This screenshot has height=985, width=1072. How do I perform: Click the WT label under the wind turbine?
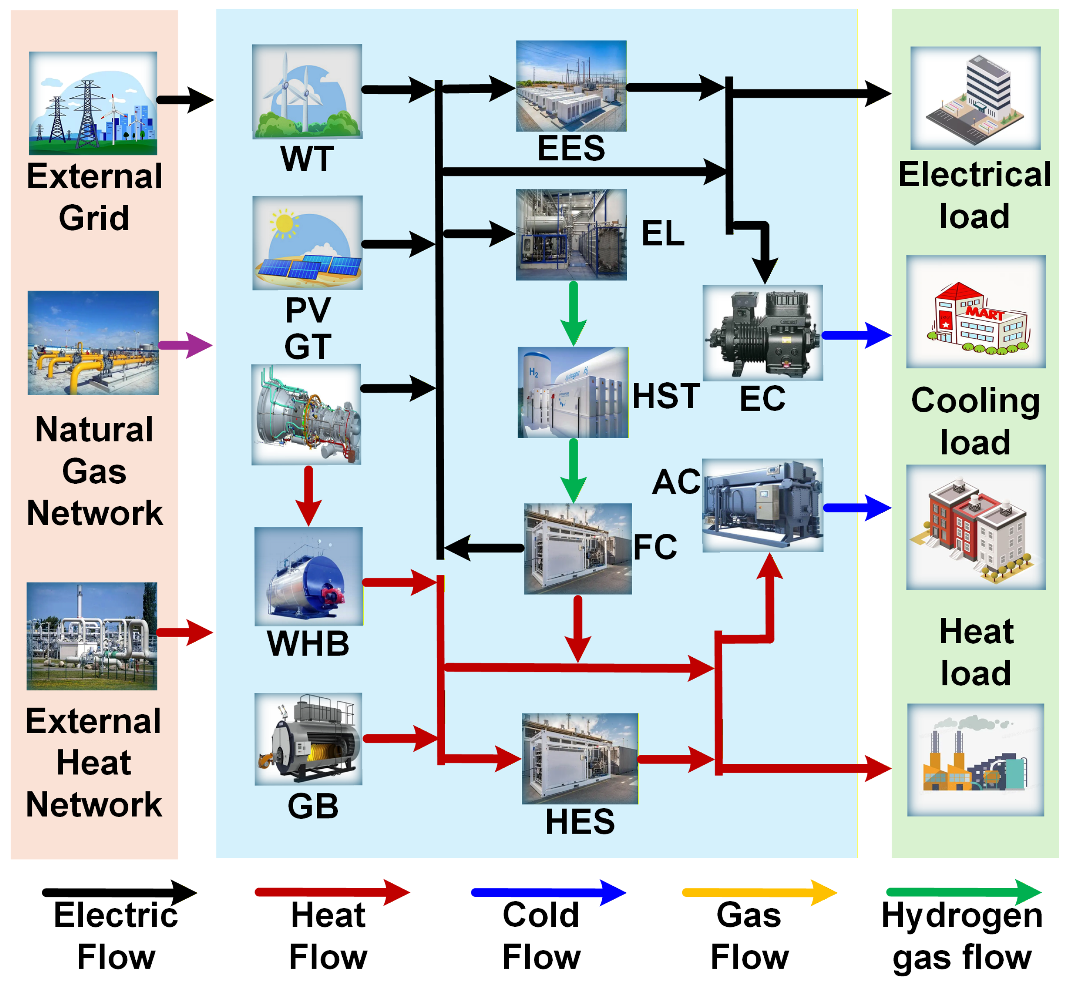(x=307, y=158)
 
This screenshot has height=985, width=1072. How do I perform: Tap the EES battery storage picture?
(x=571, y=86)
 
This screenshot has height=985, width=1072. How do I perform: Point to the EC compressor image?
(x=762, y=333)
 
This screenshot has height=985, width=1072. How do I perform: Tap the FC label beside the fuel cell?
(x=655, y=547)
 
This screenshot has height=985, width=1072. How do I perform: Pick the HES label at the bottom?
(x=580, y=821)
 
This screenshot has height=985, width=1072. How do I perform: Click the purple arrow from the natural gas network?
(x=185, y=345)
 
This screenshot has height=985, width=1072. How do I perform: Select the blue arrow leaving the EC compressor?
(x=856, y=335)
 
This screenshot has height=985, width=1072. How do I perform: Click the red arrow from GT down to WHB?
(x=308, y=496)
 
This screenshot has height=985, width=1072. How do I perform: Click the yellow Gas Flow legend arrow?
(x=759, y=893)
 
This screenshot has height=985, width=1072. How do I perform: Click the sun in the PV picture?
(x=283, y=222)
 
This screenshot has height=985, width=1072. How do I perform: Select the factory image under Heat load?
(x=975, y=759)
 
